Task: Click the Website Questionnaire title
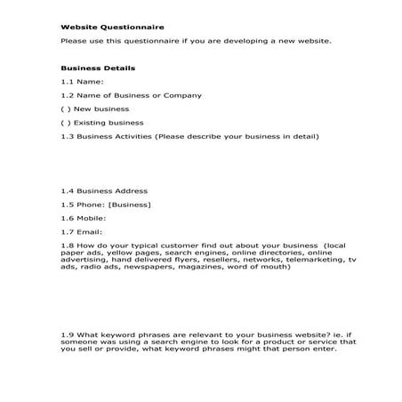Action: [100, 28]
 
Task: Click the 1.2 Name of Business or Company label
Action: [131, 95]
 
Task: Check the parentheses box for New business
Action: [65, 109]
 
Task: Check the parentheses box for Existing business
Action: [65, 123]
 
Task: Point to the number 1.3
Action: [67, 137]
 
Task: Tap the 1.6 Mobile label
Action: [84, 218]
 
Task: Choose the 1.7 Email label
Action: [82, 231]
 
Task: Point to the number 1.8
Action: [67, 245]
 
